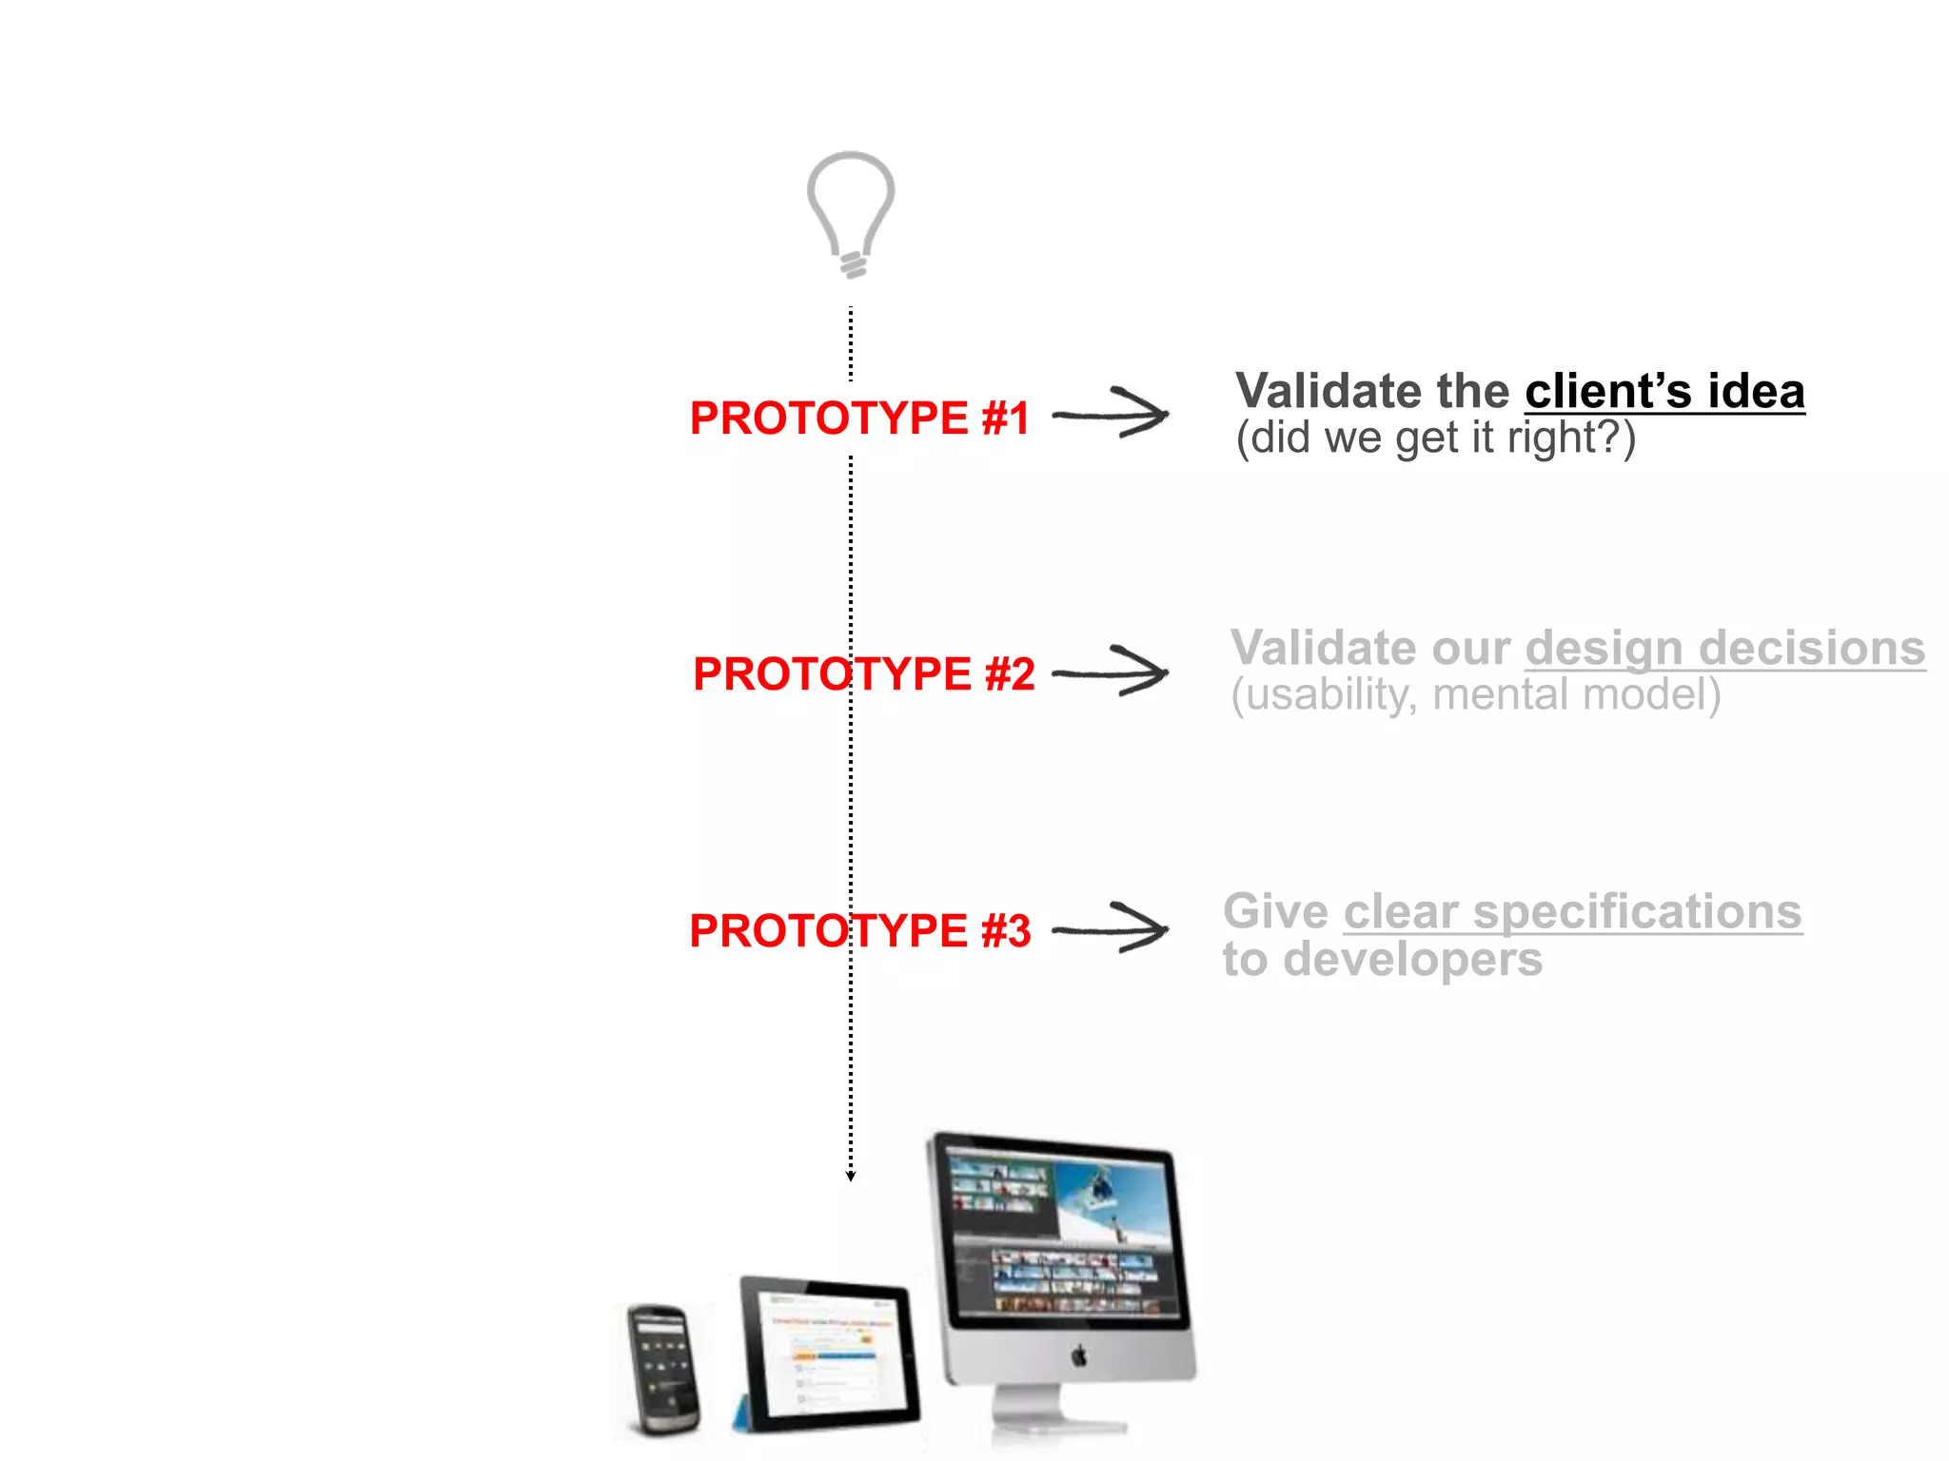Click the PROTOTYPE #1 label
click(859, 419)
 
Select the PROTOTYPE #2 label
click(863, 674)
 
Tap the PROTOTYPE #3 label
click(859, 930)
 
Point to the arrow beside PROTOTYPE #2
click(1111, 672)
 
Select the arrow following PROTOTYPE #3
click(1111, 928)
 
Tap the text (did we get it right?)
click(1435, 438)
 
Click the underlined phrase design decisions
click(1724, 648)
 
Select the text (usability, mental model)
click(1475, 695)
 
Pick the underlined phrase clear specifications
click(1572, 911)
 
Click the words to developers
click(1382, 959)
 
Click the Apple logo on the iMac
click(1079, 1354)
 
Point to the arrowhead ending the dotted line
click(851, 1177)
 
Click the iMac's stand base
click(1056, 1427)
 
